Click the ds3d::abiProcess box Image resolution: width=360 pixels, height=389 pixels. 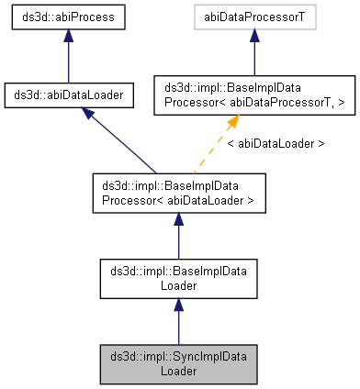[x=68, y=18]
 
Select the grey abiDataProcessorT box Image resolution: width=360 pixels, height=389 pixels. [x=254, y=18]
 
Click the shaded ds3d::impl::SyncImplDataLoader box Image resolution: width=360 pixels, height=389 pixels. [x=178, y=362]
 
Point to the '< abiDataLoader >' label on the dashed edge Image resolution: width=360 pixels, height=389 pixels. [x=275, y=144]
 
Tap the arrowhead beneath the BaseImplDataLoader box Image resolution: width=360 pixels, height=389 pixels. [x=178, y=303]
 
